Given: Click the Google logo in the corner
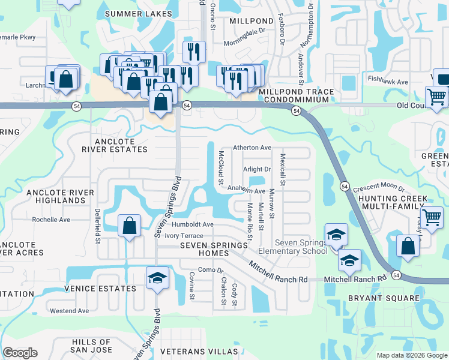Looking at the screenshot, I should (x=20, y=353).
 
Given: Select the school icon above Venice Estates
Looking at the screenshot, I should (x=157, y=278).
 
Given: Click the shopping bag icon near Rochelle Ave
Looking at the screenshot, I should (x=129, y=226).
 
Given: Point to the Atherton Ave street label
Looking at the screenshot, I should (x=252, y=148).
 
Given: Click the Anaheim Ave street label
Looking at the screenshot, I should (x=246, y=191).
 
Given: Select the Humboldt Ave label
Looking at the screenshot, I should (x=192, y=224).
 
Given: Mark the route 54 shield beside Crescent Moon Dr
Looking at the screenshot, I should (x=345, y=187).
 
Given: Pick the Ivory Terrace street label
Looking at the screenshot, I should (x=175, y=236).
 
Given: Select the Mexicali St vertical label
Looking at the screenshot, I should (x=282, y=169).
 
